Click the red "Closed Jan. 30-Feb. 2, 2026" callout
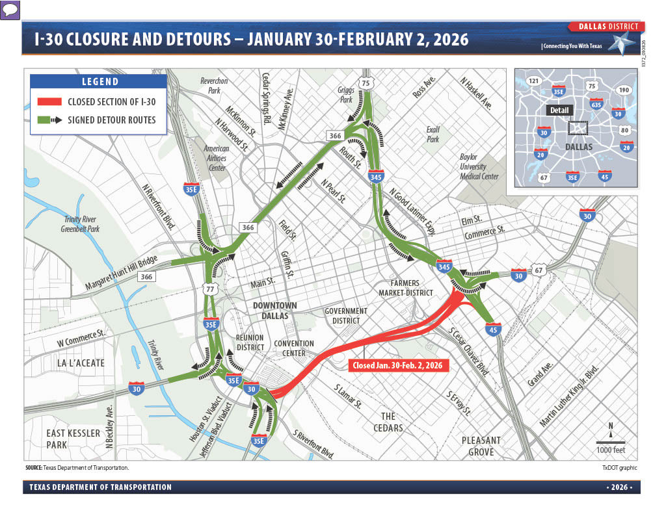click(397, 365)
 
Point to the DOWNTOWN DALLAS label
click(275, 311)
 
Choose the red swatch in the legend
click(48, 102)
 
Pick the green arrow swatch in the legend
click(48, 120)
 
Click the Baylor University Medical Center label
click(479, 167)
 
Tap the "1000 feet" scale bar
click(610, 443)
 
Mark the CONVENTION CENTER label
click(294, 348)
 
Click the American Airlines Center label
click(215, 158)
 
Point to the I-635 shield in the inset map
click(596, 103)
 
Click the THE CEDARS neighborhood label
click(388, 422)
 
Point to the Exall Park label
click(433, 135)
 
